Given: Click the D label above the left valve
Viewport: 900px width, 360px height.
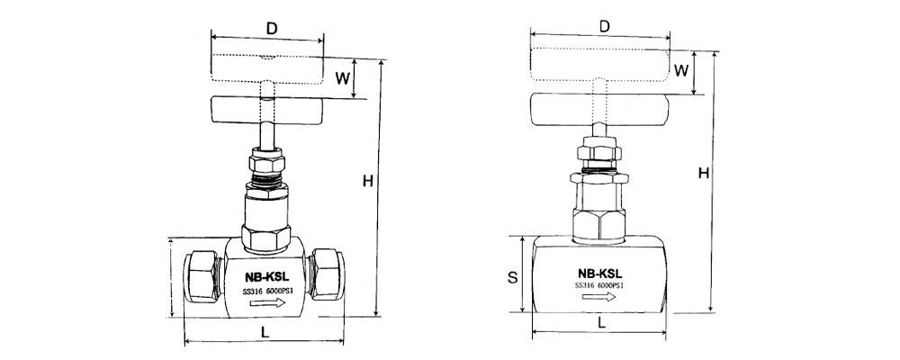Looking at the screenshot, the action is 272,28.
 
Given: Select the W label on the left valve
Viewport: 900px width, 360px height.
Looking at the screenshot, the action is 343,78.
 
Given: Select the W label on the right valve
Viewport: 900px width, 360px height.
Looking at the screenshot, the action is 680,70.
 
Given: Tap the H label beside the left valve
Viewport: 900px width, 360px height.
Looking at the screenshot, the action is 368,182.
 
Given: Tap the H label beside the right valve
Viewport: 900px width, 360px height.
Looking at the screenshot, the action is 704,173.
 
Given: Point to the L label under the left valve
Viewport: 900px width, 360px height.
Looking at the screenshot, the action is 265,331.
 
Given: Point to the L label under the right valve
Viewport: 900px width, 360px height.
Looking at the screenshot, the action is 601,323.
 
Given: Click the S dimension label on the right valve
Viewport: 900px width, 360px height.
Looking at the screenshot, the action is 513,277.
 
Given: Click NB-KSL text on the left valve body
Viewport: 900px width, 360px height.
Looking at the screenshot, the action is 266,276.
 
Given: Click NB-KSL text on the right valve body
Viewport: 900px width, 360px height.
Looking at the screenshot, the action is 599,274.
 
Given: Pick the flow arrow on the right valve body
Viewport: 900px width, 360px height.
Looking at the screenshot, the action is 598,296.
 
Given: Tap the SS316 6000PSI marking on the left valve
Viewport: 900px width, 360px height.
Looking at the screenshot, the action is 268,291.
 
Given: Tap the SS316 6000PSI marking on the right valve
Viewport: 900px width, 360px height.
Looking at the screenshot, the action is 599,285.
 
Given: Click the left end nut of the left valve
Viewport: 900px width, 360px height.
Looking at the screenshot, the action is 202,275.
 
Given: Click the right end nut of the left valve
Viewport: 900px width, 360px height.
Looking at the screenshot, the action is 327,274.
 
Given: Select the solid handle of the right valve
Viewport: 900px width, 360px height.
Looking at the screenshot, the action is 599,110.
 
